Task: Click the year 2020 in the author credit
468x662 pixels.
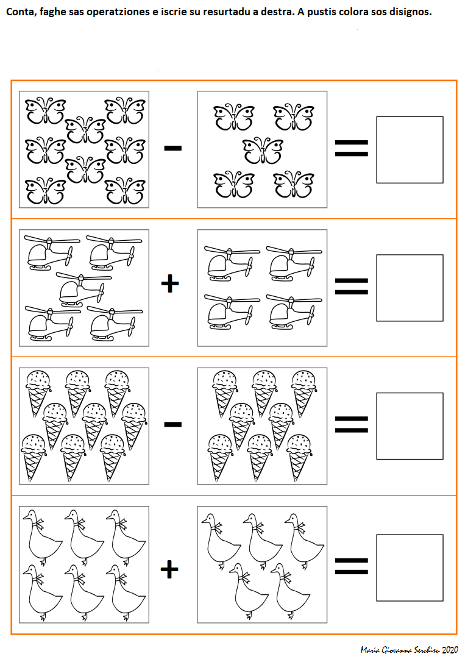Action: pos(450,650)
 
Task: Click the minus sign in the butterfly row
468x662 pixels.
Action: pos(172,148)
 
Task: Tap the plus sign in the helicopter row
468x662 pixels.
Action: pos(169,283)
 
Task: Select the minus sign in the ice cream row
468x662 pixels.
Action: pos(172,424)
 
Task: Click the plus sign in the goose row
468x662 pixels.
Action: pos(169,569)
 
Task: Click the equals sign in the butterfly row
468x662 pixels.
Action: pos(351,148)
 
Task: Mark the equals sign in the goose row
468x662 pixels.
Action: pos(351,566)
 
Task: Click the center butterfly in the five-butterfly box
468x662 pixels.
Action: pos(263,151)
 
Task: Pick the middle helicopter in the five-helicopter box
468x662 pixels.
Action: pos(83,288)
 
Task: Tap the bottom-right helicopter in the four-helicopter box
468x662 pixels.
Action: pos(294,311)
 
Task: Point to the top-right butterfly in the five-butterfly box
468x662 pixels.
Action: pos(294,116)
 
